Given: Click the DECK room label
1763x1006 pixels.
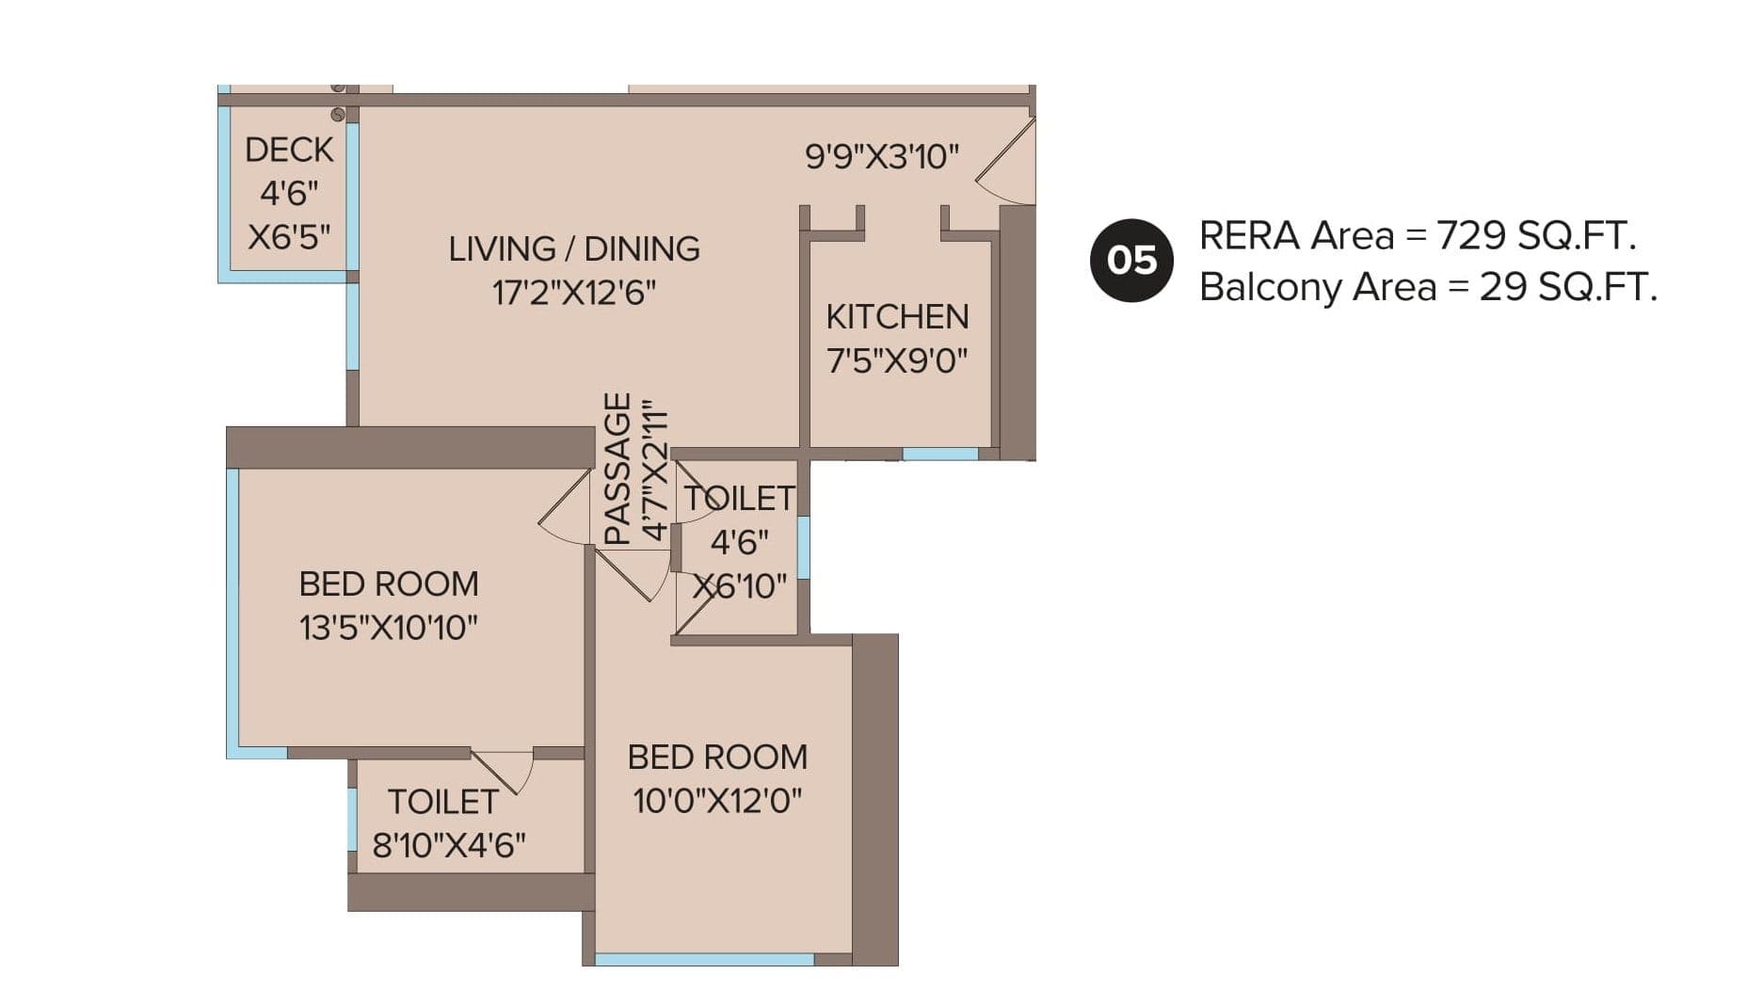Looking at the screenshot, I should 289,150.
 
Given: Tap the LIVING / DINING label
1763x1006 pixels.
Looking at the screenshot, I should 573,249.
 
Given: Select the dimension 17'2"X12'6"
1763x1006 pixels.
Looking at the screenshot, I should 573,293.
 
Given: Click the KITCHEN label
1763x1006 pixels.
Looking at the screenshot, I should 896,317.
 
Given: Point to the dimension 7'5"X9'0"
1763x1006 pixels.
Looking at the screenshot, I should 896,360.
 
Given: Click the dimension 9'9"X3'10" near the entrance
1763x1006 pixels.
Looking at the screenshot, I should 881,156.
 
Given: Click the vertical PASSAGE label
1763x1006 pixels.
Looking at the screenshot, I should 616,469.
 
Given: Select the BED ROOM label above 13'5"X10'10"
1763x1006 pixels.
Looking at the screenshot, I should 389,584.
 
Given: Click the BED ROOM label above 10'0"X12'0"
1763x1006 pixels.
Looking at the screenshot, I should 717,758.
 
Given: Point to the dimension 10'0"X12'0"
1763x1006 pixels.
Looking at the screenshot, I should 717,802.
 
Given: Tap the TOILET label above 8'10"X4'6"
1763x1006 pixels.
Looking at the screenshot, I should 442,802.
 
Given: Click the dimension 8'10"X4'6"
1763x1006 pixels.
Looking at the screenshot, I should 449,845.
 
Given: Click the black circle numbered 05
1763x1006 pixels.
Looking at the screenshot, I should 1130,261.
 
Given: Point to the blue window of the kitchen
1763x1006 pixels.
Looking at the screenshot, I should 939,454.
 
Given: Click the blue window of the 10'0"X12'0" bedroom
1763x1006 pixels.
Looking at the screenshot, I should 704,959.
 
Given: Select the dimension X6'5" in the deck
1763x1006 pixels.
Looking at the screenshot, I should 289,236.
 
